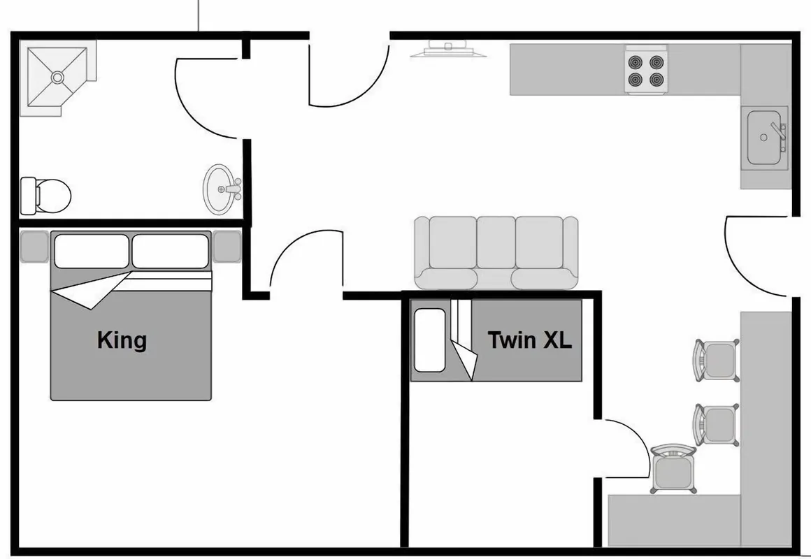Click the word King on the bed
tap(122, 341)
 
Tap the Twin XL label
tap(530, 340)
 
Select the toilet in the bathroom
tap(45, 196)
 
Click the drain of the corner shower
tap(57, 78)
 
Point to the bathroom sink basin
tap(220, 189)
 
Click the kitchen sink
tap(764, 138)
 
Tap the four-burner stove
tap(645, 71)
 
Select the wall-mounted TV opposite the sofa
tap(448, 50)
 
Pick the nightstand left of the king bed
tap(35, 247)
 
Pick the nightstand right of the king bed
tap(228, 247)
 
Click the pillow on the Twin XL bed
tap(430, 340)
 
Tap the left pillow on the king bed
tap(92, 252)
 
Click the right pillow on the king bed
tap(170, 252)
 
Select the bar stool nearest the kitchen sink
tap(717, 361)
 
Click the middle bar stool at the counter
tap(717, 425)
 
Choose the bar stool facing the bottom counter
tap(673, 468)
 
